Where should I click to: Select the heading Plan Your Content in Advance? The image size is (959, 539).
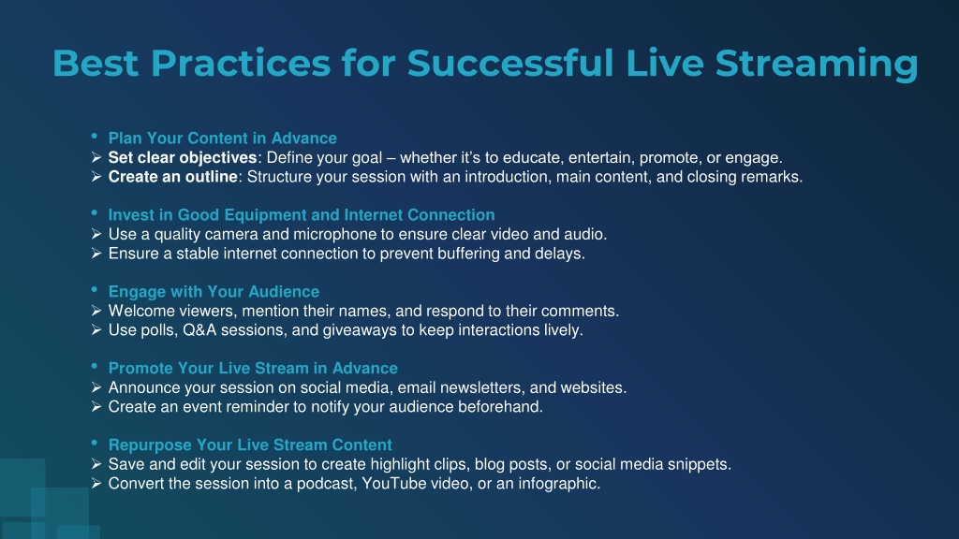point(223,138)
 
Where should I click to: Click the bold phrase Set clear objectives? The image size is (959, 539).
point(183,157)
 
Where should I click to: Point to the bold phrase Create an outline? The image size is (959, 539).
point(173,177)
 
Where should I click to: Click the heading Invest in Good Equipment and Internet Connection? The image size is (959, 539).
point(302,215)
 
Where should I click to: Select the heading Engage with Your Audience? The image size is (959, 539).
point(214,292)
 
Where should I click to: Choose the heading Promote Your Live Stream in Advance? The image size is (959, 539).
point(253,369)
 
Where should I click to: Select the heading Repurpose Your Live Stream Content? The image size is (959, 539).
point(250,444)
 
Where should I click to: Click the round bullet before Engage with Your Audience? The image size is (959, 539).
point(95,289)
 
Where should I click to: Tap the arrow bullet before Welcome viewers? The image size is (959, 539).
point(96,311)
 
